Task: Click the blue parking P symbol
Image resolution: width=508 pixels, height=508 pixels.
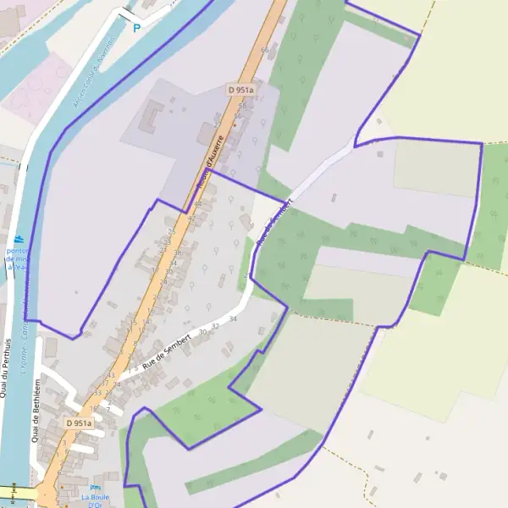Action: (136, 28)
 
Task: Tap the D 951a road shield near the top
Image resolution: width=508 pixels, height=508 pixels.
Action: (241, 89)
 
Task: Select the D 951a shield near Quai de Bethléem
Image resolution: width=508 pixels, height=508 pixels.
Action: (79, 422)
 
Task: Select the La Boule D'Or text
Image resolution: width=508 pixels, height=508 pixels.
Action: (95, 501)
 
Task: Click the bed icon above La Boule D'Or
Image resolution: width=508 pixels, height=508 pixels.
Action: (95, 488)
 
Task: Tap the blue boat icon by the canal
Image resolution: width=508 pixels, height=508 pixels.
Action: (18, 240)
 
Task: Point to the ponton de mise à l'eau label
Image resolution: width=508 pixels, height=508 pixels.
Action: (17, 258)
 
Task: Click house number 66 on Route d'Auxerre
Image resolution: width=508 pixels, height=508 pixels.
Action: (265, 51)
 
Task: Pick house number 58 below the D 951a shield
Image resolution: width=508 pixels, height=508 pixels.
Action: (240, 106)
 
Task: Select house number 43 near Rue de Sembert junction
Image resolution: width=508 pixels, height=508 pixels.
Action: (111, 375)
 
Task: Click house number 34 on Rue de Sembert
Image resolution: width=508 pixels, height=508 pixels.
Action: (233, 318)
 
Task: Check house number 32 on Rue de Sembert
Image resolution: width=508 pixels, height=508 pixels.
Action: (216, 326)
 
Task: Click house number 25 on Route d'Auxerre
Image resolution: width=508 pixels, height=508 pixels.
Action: (172, 231)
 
